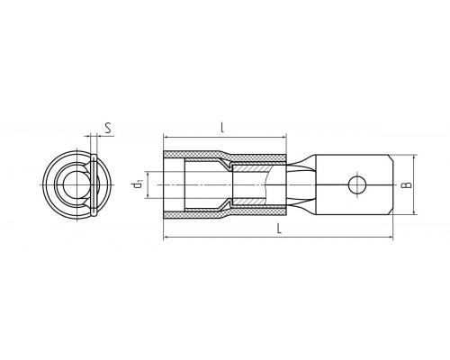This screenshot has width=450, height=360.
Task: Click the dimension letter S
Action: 108,128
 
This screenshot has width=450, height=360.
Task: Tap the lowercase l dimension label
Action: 222,128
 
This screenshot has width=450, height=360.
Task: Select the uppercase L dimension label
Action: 279,229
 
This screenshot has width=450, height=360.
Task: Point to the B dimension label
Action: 407,184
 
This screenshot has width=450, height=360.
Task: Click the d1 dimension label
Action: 138,184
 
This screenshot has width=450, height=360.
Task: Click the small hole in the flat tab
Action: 357,184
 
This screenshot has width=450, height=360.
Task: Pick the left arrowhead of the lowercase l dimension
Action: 166,138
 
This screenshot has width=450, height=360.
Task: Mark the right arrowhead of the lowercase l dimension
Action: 283,138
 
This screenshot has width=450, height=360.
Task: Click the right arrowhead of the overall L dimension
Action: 390,238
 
